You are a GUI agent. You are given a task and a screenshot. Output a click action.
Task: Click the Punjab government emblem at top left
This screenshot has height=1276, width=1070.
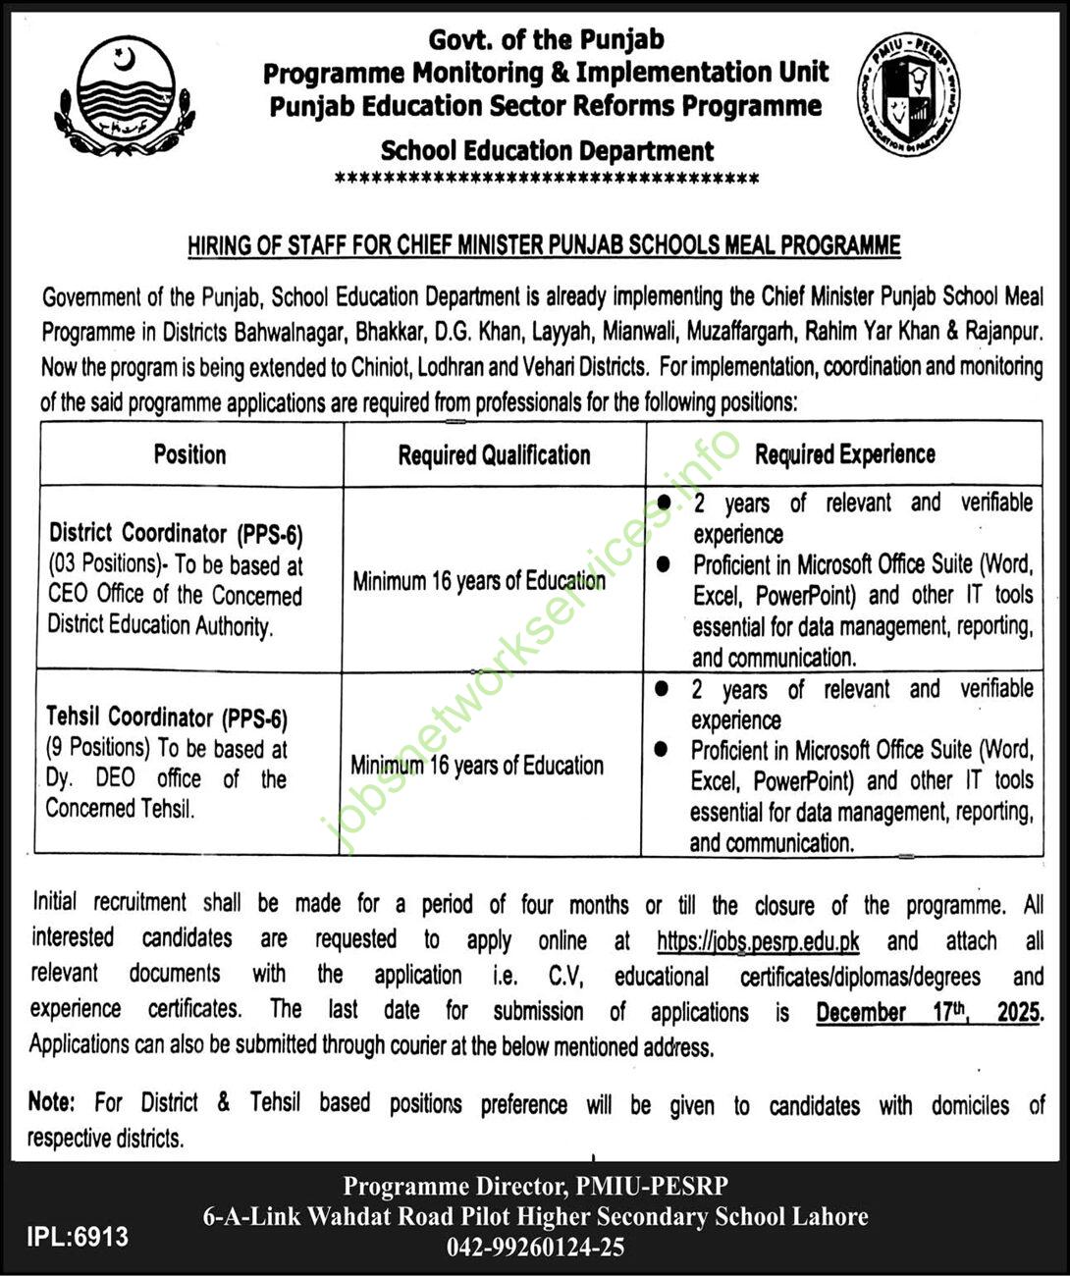(x=123, y=95)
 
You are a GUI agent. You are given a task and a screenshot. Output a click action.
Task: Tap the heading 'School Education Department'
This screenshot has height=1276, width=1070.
(x=547, y=151)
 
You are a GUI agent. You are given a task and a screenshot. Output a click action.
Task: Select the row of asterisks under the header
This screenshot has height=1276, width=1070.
(x=547, y=180)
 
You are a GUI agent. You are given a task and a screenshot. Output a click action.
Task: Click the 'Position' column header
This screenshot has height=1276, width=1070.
(x=189, y=454)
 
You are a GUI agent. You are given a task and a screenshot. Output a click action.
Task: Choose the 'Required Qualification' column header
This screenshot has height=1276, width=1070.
(x=494, y=455)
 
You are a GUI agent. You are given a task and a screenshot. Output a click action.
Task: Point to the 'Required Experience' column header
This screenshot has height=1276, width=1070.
(x=844, y=454)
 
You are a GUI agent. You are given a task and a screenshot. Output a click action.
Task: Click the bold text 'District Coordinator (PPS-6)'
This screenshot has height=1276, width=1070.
(x=177, y=534)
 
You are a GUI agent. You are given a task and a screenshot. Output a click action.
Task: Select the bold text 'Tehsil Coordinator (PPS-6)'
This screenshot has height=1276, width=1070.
(x=168, y=718)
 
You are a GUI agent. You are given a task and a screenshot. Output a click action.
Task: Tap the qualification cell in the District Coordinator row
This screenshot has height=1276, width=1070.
(x=479, y=581)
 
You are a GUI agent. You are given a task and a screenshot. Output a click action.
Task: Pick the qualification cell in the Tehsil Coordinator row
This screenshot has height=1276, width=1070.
(x=477, y=766)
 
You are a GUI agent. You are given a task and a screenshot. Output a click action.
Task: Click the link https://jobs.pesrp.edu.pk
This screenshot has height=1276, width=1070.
(x=758, y=940)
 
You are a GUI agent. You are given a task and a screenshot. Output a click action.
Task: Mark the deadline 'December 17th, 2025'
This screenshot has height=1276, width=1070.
(x=928, y=1011)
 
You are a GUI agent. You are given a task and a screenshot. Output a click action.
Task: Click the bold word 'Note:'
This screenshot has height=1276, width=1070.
(x=51, y=1102)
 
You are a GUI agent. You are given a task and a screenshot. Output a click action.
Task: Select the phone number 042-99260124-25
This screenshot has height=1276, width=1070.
(x=535, y=1247)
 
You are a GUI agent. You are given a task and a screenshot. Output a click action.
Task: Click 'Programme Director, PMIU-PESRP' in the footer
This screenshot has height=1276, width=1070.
(x=535, y=1186)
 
